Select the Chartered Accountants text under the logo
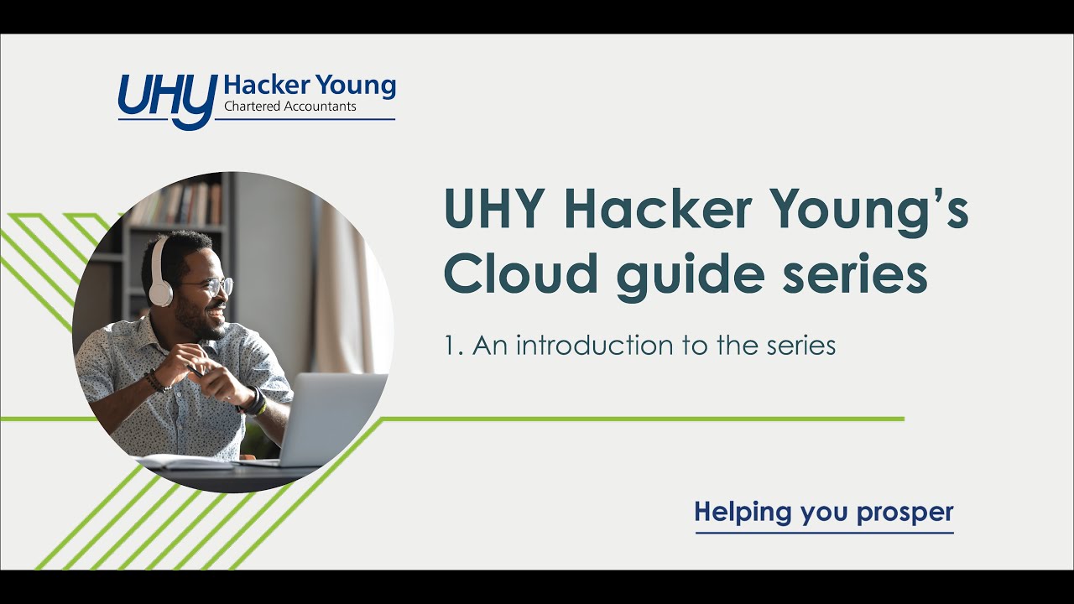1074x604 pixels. point(290,107)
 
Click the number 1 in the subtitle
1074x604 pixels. point(451,346)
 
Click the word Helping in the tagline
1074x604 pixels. point(743,512)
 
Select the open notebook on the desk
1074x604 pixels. point(180,461)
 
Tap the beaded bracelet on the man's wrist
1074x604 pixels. point(155,382)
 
